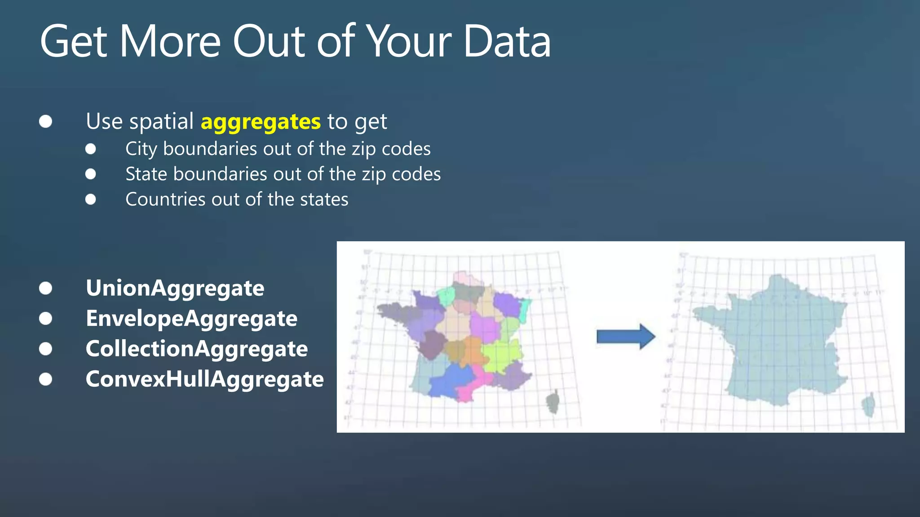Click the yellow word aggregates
pyautogui.click(x=261, y=122)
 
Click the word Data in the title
pyautogui.click(x=506, y=42)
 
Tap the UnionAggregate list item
pyautogui.click(x=175, y=288)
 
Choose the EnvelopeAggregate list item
pyautogui.click(x=191, y=318)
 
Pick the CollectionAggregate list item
pyautogui.click(x=196, y=349)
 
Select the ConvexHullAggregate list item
pyautogui.click(x=204, y=379)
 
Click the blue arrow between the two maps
pyautogui.click(x=625, y=336)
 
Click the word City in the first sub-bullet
pyautogui.click(x=141, y=149)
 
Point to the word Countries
pyautogui.click(x=165, y=199)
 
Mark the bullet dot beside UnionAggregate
pyautogui.click(x=45, y=288)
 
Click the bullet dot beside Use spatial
pyautogui.click(x=45, y=122)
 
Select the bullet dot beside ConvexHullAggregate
pyautogui.click(x=45, y=379)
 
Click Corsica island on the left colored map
pyautogui.click(x=553, y=402)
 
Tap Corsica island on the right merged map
pyautogui.click(x=868, y=405)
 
